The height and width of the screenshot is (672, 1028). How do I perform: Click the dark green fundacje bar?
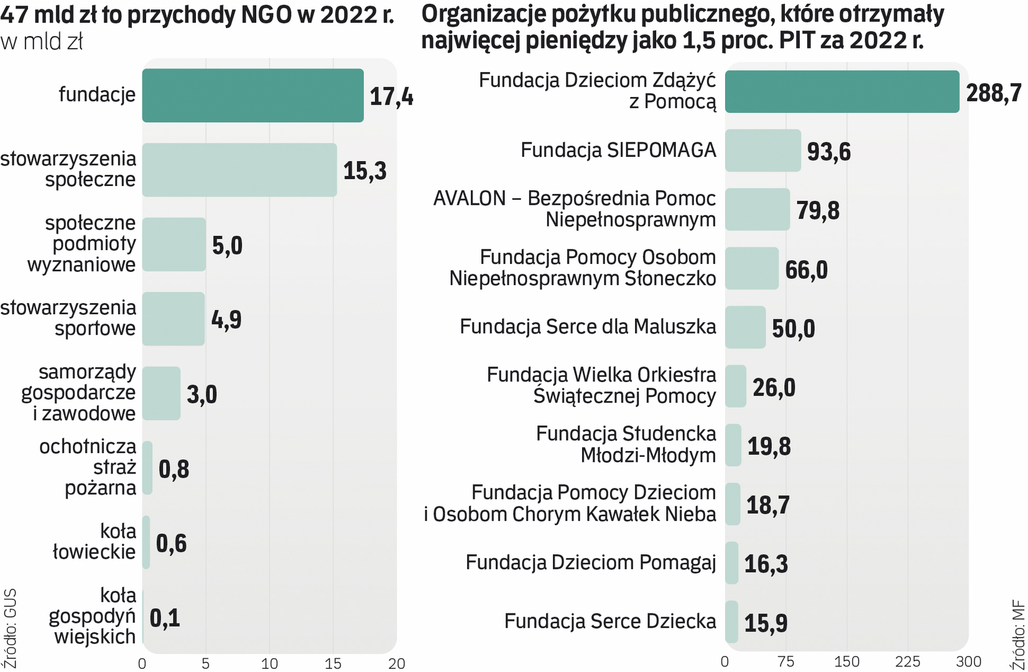click(x=252, y=95)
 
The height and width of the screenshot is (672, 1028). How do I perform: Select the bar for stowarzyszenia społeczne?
click(x=239, y=170)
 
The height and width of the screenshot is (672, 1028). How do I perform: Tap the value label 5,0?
click(x=227, y=245)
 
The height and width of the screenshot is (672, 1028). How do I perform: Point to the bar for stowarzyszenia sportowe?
click(x=174, y=319)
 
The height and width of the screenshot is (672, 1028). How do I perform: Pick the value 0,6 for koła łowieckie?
click(x=171, y=543)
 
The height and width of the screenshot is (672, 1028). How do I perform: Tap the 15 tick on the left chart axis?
click(x=333, y=663)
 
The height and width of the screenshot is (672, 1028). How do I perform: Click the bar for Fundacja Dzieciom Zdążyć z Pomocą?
click(x=841, y=91)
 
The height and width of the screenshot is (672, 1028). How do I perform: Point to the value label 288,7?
click(x=993, y=93)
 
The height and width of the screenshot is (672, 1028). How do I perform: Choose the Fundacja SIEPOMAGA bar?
click(x=763, y=151)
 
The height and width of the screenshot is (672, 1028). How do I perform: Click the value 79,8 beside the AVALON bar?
click(x=818, y=210)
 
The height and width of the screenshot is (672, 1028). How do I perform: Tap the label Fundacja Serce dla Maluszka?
click(x=588, y=327)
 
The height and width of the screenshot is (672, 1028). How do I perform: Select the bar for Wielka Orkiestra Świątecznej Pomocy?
click(x=736, y=386)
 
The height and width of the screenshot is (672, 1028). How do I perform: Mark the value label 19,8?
click(x=769, y=446)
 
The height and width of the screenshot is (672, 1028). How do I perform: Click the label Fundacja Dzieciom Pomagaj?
click(x=591, y=562)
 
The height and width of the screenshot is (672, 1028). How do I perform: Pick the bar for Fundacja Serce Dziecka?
click(x=732, y=622)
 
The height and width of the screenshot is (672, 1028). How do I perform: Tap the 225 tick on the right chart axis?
click(x=907, y=661)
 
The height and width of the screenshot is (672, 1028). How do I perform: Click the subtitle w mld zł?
click(x=42, y=42)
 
